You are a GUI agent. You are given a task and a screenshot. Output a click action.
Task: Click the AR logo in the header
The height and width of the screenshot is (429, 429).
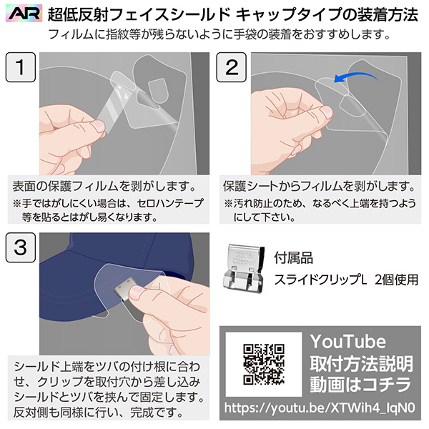pos(24,13)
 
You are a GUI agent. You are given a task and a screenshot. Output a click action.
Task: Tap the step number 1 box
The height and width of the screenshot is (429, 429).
pos(21,67)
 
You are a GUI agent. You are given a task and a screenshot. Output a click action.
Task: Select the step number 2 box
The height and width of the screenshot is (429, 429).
pos(232,67)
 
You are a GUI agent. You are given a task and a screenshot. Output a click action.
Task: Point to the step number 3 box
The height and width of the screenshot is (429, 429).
pos(21,247)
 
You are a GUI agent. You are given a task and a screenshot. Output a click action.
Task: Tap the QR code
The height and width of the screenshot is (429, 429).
pos(264,364)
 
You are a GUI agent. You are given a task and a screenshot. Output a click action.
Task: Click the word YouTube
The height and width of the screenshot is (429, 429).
pos(348,342)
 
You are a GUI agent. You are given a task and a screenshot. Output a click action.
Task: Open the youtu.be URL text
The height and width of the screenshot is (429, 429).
pos(320,408)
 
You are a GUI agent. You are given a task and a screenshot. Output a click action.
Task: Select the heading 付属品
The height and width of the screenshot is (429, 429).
pos(294,257)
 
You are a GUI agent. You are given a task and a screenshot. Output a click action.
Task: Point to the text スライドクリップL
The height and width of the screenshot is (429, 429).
pos(320,280)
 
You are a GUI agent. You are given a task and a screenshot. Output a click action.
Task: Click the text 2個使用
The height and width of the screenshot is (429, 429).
pos(396,280)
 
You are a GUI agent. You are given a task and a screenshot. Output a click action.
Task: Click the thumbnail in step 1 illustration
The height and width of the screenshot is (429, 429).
pos(98,127)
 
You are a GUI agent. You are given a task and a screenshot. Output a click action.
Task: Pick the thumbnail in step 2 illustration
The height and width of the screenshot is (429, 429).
pos(326,112)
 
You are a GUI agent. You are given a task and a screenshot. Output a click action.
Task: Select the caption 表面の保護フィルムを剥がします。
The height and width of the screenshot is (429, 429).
pos(104,187)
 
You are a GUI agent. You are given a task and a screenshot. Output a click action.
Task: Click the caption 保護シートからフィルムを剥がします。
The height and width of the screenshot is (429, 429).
pos(320,187)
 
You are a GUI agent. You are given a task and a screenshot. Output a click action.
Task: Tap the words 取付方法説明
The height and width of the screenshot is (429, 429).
pos(361,364)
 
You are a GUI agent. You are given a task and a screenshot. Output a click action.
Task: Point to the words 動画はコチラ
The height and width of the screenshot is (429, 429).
pos(360,385)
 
